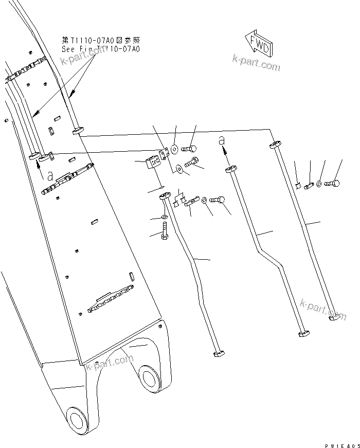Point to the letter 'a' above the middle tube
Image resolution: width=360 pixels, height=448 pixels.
[x=222, y=140]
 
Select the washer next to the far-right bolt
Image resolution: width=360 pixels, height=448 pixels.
[x=319, y=183]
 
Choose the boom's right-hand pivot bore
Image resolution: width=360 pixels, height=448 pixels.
[x=150, y=378]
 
